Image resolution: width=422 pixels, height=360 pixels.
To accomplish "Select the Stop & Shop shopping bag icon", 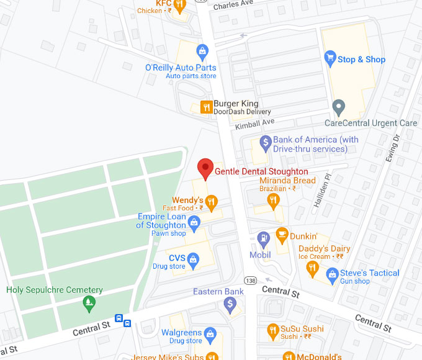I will [x=330, y=59].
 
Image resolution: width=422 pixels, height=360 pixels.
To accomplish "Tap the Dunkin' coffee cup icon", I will [x=282, y=235].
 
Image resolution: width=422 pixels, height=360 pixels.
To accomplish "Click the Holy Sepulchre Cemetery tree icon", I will [x=89, y=303].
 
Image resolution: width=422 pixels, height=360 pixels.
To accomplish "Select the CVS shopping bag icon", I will [x=193, y=258].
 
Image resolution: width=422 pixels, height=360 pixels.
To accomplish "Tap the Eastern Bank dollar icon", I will [x=230, y=304].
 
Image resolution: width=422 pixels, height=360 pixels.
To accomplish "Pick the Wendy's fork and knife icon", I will [x=212, y=200].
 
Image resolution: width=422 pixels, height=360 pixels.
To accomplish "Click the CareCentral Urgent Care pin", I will [x=338, y=107].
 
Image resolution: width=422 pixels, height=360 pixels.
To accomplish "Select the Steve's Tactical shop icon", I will [x=332, y=274].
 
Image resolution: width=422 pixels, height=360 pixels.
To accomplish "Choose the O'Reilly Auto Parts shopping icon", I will [x=201, y=51].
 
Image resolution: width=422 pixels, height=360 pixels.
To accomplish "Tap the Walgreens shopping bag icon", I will [x=210, y=333].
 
